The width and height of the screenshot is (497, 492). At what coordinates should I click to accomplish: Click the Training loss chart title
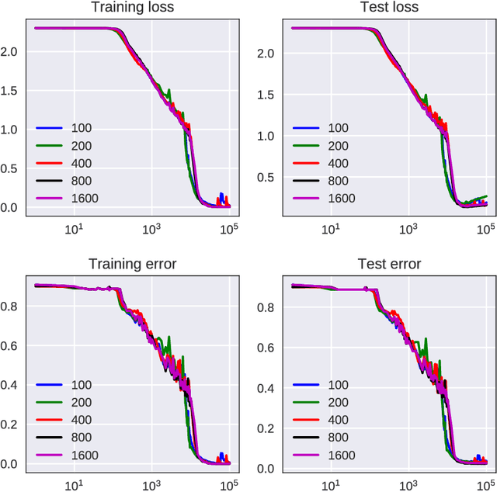pos(132,8)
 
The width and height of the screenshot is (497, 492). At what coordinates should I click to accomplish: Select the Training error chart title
pos(132,265)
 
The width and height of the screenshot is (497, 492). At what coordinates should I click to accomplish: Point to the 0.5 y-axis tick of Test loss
pos(269,177)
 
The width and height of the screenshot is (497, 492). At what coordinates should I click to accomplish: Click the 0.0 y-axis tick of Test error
pos(269,468)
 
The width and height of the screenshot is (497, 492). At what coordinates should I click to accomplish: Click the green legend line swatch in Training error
pos(47,402)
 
